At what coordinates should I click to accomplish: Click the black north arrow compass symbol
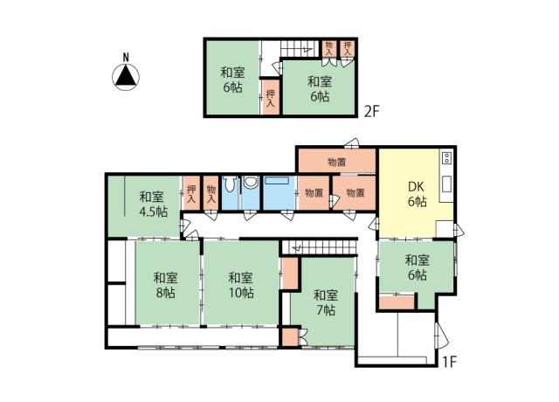(126, 79)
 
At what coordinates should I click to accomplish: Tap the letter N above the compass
(126, 59)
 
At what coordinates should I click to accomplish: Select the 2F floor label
(372, 111)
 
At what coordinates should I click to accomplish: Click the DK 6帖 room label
(416, 193)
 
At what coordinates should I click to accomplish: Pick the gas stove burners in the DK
(446, 159)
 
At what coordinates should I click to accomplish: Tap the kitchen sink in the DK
(446, 184)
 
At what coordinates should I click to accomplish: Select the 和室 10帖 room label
(238, 285)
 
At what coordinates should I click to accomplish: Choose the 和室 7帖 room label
(325, 301)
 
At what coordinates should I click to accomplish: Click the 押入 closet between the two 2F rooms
(271, 96)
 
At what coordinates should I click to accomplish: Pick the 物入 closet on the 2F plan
(329, 48)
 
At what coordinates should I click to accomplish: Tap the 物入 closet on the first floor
(210, 192)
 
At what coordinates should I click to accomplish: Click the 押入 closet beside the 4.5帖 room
(190, 192)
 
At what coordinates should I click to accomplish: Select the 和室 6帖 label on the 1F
(417, 267)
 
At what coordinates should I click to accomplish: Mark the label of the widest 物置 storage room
(336, 162)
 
